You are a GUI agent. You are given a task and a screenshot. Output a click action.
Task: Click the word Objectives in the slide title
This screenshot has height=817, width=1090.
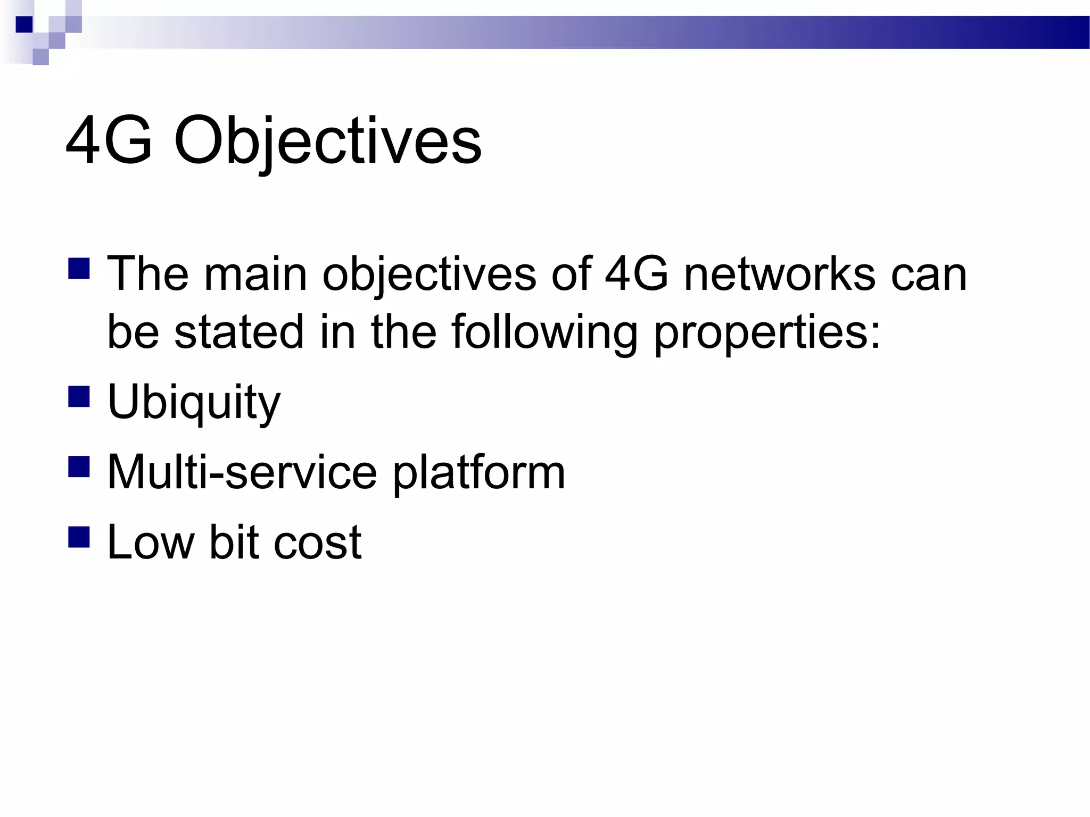327,141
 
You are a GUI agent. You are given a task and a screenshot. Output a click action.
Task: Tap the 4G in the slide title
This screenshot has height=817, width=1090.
109,141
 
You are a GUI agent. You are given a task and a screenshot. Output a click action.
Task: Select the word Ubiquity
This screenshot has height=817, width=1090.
194,402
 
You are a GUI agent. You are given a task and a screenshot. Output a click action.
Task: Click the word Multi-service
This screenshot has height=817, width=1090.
242,472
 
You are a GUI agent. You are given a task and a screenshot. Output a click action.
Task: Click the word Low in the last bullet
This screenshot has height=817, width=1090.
151,543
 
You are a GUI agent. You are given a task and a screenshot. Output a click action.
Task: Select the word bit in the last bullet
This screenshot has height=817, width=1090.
233,543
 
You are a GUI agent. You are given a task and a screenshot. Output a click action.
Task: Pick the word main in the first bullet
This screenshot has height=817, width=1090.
255,274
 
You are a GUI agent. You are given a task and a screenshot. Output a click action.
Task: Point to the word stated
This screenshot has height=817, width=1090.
239,332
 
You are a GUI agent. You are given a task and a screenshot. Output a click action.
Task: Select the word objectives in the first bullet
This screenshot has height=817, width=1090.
429,276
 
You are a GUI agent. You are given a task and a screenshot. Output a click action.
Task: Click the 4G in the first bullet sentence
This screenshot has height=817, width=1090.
637,274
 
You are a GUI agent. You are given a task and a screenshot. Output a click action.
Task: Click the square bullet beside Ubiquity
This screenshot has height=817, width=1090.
79,396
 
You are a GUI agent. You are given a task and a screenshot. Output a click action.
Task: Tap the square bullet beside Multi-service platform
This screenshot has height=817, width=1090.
79,466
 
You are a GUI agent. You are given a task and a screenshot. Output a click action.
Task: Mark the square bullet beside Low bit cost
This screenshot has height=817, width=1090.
79,537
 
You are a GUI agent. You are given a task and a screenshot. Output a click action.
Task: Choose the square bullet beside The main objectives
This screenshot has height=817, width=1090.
79,269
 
